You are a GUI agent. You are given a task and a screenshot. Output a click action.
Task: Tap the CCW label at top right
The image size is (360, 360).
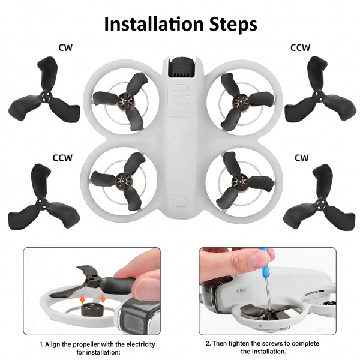(300, 47)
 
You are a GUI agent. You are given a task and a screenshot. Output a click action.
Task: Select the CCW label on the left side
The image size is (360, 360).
(62, 158)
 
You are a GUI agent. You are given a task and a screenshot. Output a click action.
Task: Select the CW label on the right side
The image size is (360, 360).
(302, 158)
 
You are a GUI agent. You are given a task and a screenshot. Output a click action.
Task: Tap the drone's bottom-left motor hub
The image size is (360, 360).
(125, 178)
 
